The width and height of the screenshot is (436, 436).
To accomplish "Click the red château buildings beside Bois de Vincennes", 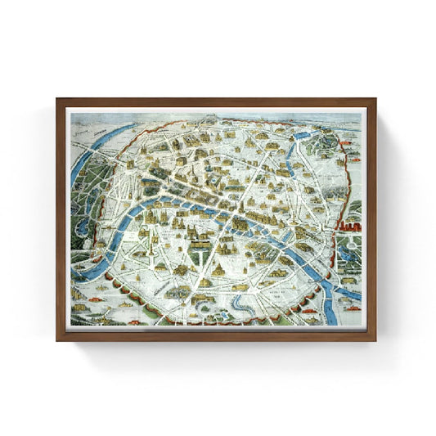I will (x=353, y=219).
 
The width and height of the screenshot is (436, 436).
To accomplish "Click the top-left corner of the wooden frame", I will (x=58, y=100).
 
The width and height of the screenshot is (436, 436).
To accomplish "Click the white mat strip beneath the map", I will (x=217, y=327).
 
